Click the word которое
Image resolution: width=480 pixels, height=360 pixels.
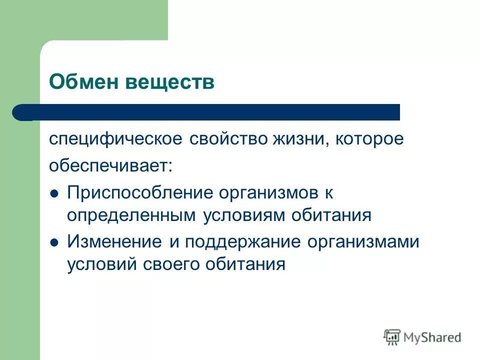coord(369,139)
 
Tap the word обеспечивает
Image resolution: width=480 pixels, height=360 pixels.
coord(110,165)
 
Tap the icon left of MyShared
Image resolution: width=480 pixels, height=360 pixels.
coord(392,337)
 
